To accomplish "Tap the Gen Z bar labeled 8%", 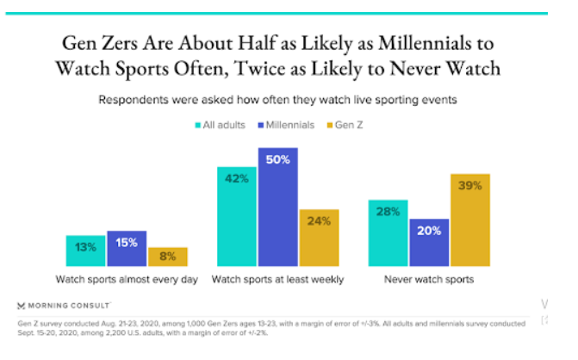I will tap(167, 256).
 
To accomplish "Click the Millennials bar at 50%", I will tap(277, 207).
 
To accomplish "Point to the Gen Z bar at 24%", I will tap(319, 237).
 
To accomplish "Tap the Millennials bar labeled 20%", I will tap(429, 241).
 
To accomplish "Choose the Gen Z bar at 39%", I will tap(470, 220).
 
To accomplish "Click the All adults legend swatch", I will tap(197, 126).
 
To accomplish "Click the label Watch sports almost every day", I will tap(127, 279).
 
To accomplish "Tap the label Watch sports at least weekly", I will tap(277, 279).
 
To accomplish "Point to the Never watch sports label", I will tap(429, 279).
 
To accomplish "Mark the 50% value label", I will tap(277, 162).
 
